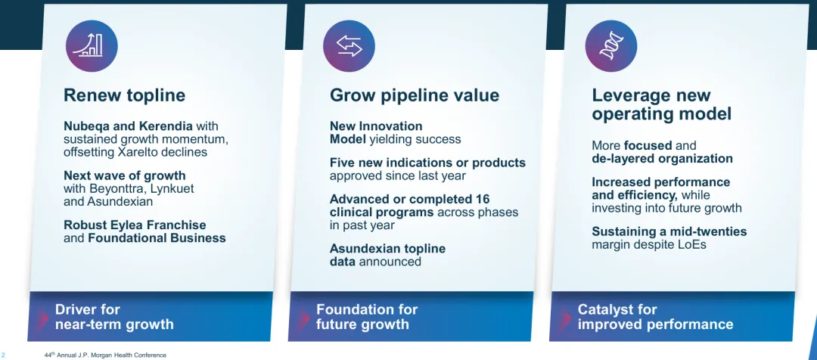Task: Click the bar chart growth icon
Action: pos(92,46)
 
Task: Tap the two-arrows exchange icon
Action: pos(349,46)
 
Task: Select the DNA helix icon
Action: pos(611,46)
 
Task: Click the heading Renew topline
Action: pos(124,95)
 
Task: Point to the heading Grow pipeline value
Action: pos(415,96)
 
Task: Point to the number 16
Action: pos(482,200)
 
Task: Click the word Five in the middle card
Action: pos(341,163)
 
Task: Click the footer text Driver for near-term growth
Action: pos(114,317)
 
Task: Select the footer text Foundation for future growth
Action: pos(367,317)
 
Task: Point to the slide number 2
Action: pos(2,355)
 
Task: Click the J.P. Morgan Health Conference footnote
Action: pos(106,355)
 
